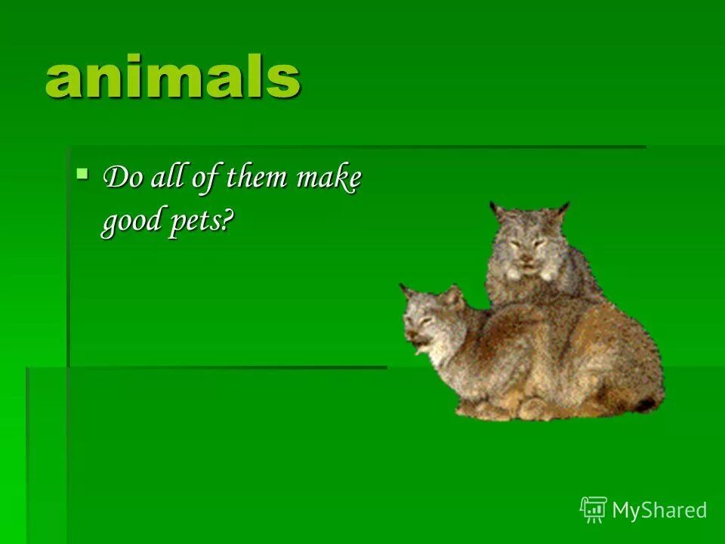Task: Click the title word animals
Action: point(173,77)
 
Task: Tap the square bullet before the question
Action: point(82,174)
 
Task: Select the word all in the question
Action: point(166,178)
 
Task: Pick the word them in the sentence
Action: point(256,179)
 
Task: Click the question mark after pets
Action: point(230,220)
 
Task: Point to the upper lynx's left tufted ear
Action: point(496,210)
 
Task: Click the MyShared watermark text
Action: point(659,511)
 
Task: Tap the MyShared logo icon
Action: point(594,510)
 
